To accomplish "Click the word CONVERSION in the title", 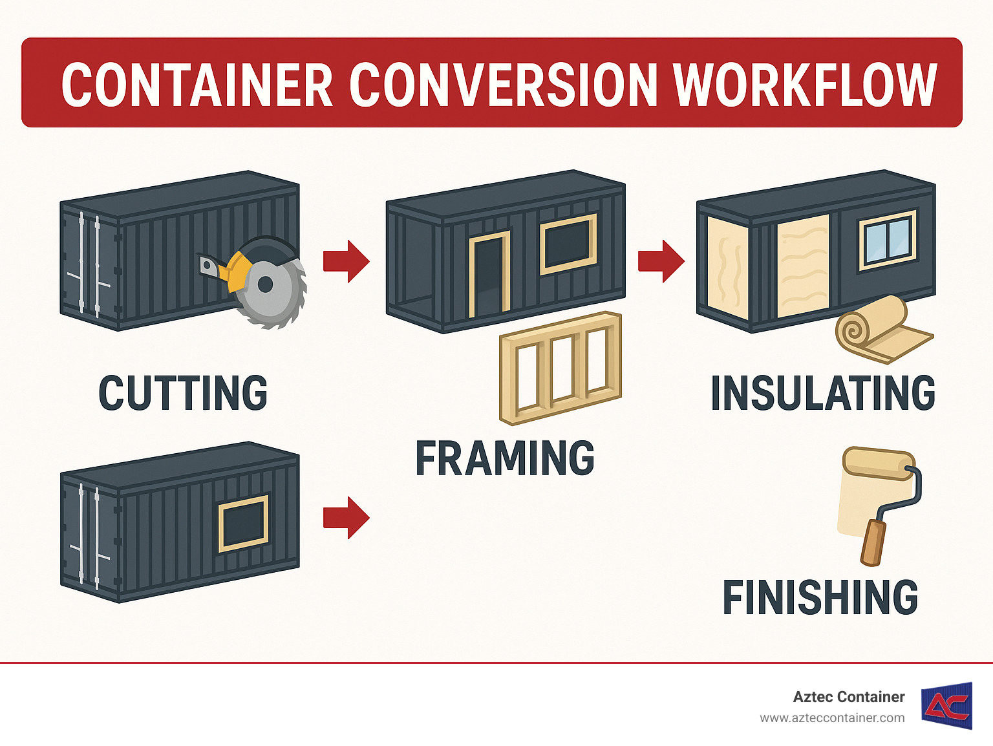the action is pyautogui.click(x=503, y=85).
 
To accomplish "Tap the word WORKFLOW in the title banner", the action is pyautogui.click(x=804, y=85).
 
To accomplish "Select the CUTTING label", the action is pyautogui.click(x=183, y=392).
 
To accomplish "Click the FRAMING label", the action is pyautogui.click(x=504, y=458).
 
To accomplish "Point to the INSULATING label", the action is pyautogui.click(x=822, y=392).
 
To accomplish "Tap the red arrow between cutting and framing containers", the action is pyautogui.click(x=347, y=261).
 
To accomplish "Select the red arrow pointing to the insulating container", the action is pyautogui.click(x=661, y=261).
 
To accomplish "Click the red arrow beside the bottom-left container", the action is pyautogui.click(x=347, y=517).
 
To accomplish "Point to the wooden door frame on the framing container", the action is pyautogui.click(x=489, y=275).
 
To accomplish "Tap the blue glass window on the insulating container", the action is pyautogui.click(x=888, y=239).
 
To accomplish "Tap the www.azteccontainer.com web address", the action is pyautogui.click(x=832, y=718).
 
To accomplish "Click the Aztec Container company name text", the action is pyautogui.click(x=848, y=697).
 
